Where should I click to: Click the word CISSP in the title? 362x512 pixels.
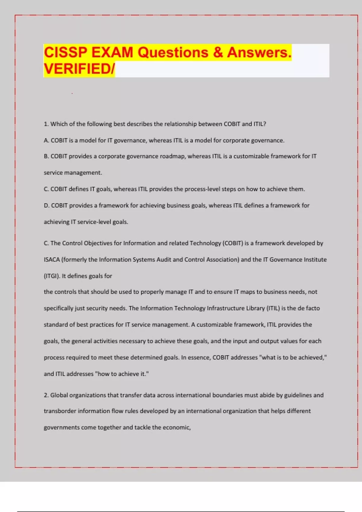(x=65, y=52)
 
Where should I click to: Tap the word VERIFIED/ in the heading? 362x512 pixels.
(x=79, y=69)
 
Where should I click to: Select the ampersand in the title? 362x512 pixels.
(x=218, y=52)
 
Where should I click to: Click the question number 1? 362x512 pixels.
(x=46, y=124)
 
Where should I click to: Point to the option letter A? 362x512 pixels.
(x=46, y=141)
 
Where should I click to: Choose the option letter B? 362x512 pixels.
(x=46, y=156)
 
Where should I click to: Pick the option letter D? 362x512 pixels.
(x=46, y=205)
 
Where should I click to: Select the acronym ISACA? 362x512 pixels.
(x=52, y=260)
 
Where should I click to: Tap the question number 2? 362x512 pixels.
(x=46, y=395)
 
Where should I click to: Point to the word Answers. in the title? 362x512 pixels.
(x=259, y=52)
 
